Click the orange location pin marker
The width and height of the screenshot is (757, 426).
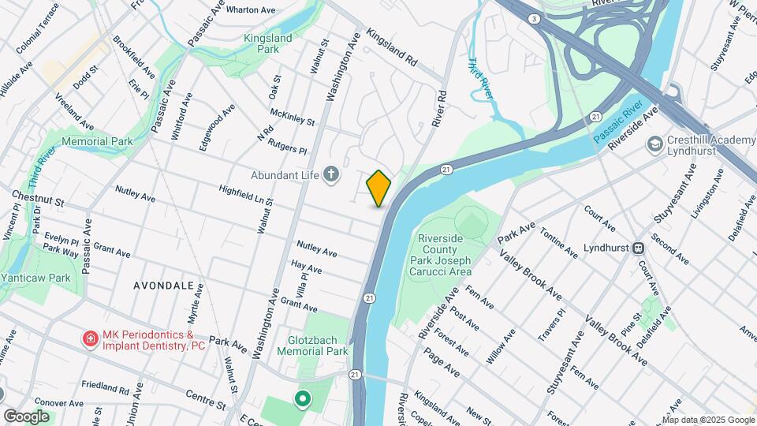pyautogui.click(x=378, y=188)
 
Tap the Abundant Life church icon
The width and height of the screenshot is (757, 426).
pyautogui.click(x=332, y=174)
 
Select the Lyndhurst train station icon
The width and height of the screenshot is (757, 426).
pyautogui.click(x=638, y=247)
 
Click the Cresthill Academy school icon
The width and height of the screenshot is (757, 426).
pyautogui.click(x=654, y=144)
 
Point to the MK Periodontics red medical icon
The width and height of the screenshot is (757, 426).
pyautogui.click(x=91, y=340)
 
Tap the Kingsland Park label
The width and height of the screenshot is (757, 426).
pyautogui.click(x=267, y=43)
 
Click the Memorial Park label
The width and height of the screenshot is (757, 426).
pyautogui.click(x=97, y=141)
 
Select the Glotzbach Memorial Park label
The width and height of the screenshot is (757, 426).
pyautogui.click(x=313, y=346)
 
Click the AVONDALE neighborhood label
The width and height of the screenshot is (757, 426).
pyautogui.click(x=163, y=285)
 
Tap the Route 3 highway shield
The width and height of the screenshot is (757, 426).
pyautogui.click(x=535, y=18)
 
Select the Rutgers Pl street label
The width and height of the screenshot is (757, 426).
pyautogui.click(x=287, y=149)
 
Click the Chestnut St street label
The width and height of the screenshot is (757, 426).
pyautogui.click(x=37, y=197)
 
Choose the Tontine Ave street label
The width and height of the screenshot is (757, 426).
pyautogui.click(x=559, y=240)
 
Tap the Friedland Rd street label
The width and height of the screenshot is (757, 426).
pyautogui.click(x=104, y=388)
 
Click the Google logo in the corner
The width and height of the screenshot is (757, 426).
pyautogui.click(x=26, y=416)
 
